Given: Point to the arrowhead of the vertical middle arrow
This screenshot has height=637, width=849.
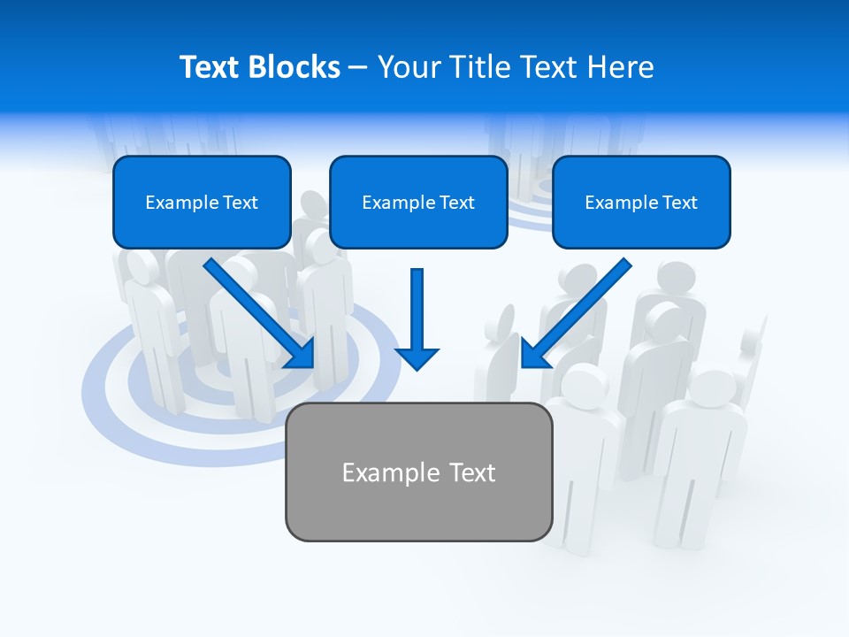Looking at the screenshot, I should coord(417,357).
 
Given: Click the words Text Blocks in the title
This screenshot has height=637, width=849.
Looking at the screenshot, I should coord(259,67).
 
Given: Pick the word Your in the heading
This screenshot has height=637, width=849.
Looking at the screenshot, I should coord(409,67).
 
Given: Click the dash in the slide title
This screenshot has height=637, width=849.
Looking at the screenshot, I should coord(358,67).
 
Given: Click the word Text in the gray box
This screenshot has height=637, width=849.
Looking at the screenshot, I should coord(472,472).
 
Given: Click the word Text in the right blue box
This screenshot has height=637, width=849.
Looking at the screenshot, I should coord(678,203).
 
